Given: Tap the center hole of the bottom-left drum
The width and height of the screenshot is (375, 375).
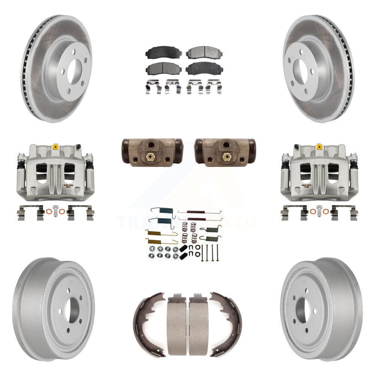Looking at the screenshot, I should coord(71,311).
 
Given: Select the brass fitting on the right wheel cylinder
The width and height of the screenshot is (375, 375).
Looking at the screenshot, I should coord(226,156).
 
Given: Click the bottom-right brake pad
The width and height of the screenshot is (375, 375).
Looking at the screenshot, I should coord(204,68).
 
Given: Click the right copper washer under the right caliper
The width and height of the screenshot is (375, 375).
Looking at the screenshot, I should coord(326,212).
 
